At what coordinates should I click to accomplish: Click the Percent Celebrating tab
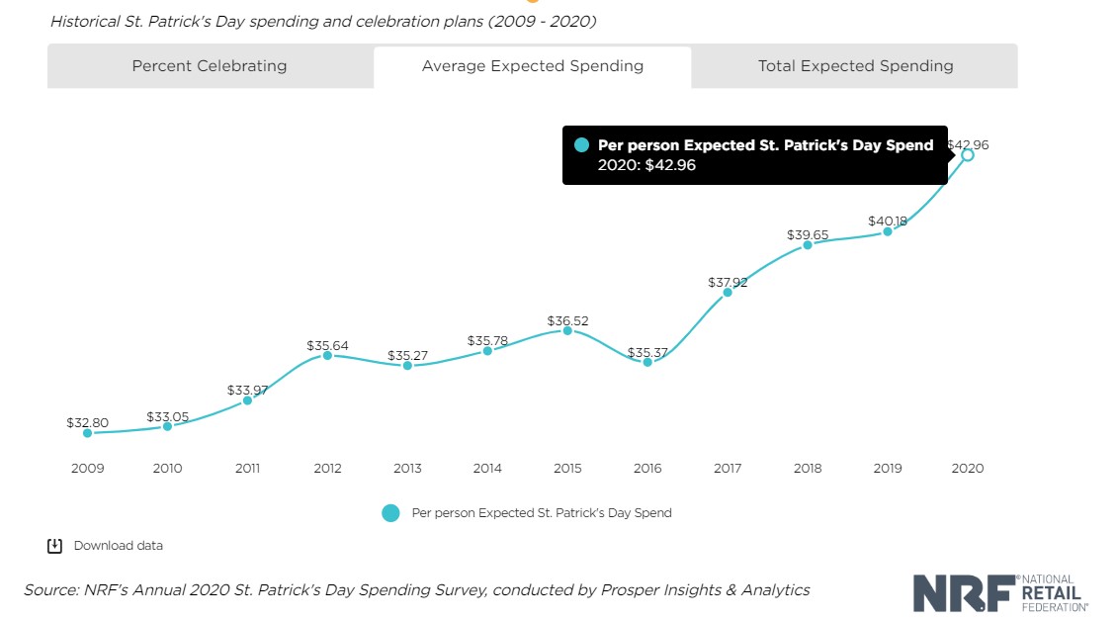pos(210,66)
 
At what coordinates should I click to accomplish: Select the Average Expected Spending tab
pos(533,66)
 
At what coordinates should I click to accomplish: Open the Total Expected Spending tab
pos(855,66)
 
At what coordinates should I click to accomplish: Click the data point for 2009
pos(87,433)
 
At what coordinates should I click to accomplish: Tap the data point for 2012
pos(327,354)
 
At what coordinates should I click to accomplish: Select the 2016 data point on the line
pos(647,362)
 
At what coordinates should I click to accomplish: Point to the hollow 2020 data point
pos(968,154)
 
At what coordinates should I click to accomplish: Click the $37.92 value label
pos(728,282)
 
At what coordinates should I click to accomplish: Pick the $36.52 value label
pos(567,321)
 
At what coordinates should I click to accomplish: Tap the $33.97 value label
pos(247,390)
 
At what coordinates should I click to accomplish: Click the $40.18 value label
pos(888,221)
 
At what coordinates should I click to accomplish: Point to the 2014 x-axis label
pos(487,469)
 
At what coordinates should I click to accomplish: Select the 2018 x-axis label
pos(808,469)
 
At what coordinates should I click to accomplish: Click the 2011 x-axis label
pos(247,469)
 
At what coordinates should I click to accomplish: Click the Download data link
pos(119,546)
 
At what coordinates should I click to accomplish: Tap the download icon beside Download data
pos(55,546)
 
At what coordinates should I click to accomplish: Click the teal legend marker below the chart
pos(390,513)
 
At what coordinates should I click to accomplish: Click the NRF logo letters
pos(964,592)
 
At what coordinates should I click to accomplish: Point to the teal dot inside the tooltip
pos(581,145)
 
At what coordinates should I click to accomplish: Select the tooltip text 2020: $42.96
pos(646,165)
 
